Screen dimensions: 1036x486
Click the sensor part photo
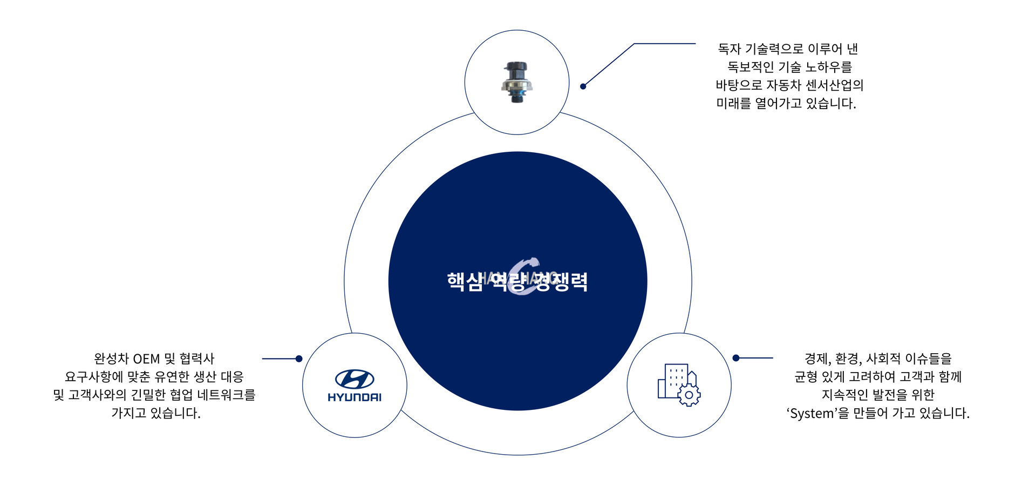tap(517, 82)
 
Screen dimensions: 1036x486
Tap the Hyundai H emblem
tap(355, 379)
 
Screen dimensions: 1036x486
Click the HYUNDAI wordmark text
tap(355, 397)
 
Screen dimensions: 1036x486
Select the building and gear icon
tap(679, 384)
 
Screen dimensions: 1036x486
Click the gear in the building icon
tap(689, 395)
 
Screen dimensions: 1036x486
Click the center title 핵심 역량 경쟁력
tap(517, 281)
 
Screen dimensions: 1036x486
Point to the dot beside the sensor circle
tap(583, 86)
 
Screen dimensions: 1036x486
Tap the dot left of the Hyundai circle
tap(299, 359)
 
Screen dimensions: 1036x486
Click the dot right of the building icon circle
tap(736, 358)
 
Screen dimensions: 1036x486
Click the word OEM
tap(146, 359)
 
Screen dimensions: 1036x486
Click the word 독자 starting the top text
tap(730, 49)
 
